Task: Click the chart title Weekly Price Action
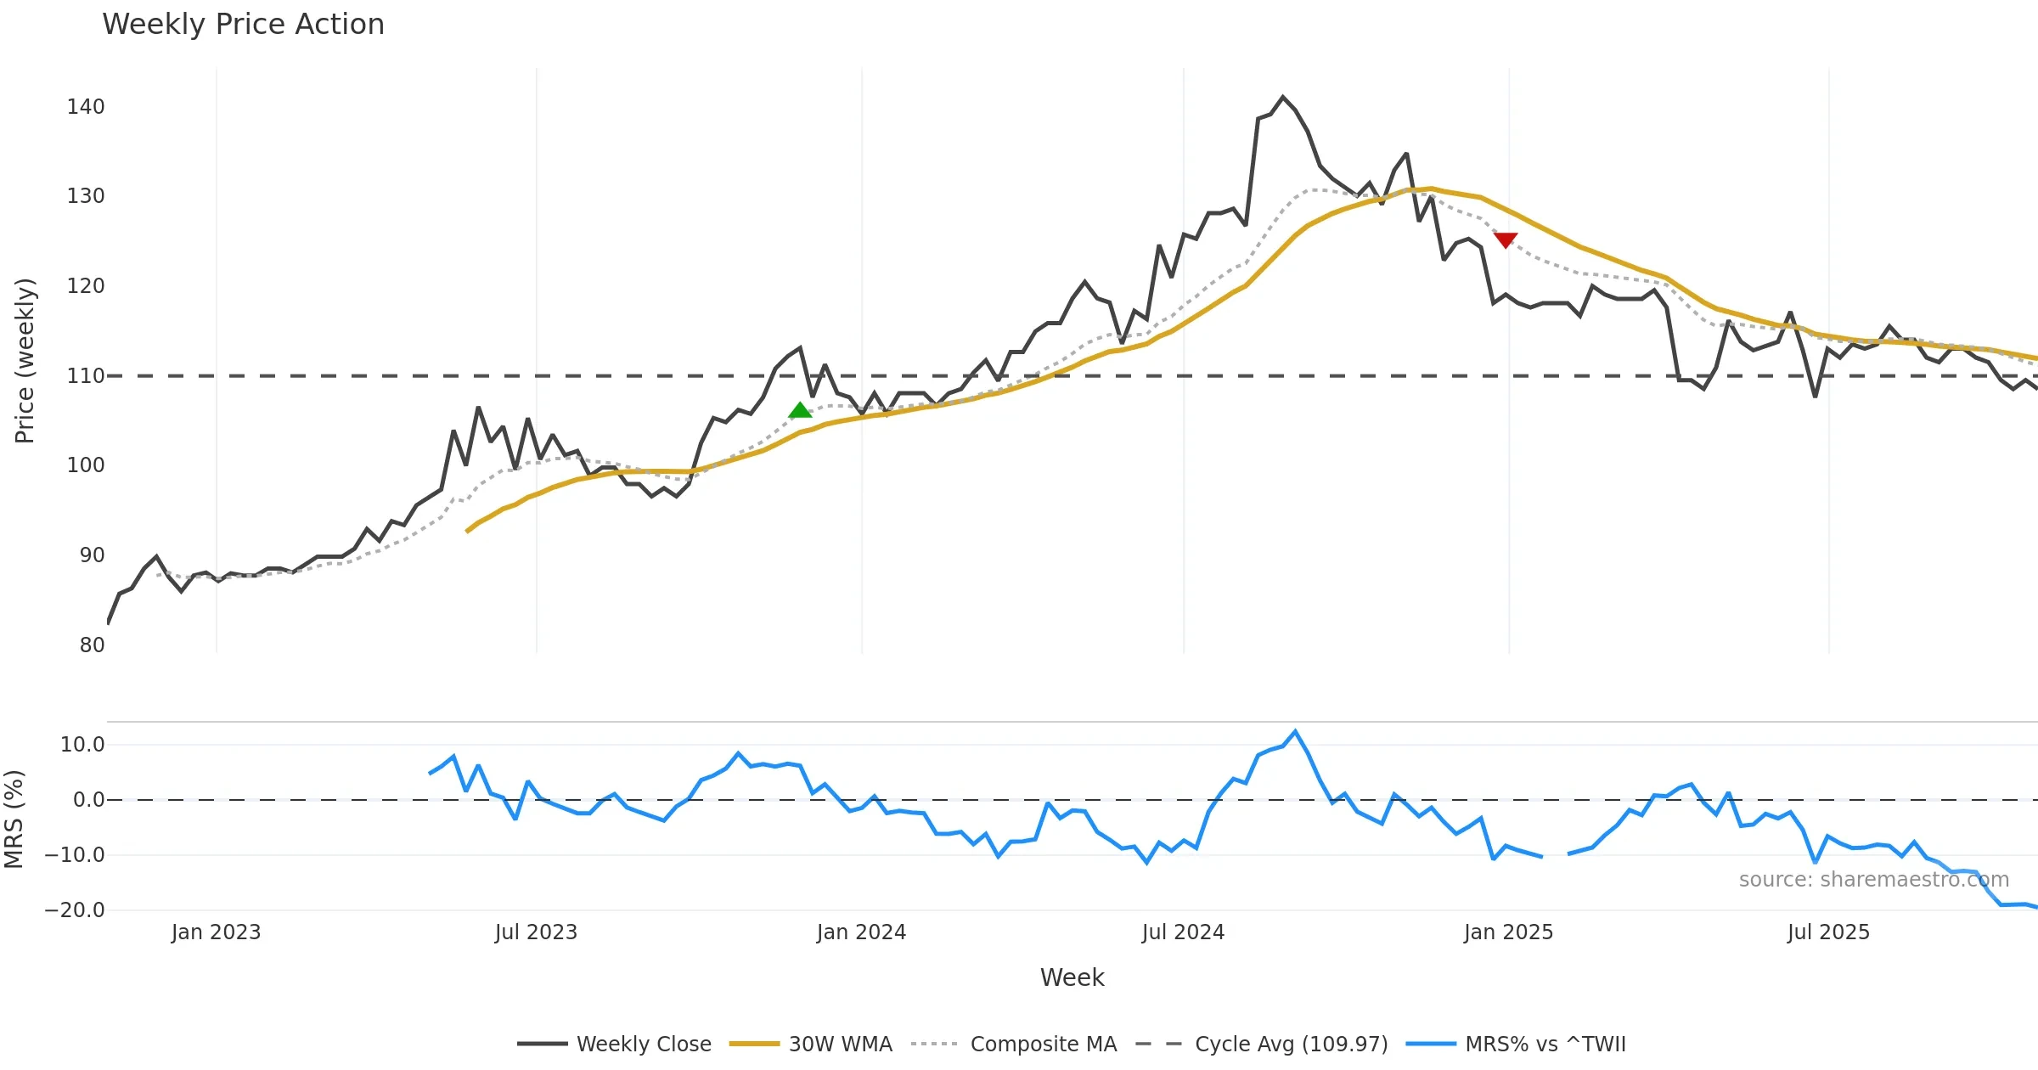click(x=243, y=25)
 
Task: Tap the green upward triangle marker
click(x=800, y=411)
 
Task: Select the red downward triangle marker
click(x=1506, y=240)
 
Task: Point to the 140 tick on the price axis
click(x=86, y=107)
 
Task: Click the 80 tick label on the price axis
click(x=92, y=645)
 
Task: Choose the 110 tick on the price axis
click(x=86, y=376)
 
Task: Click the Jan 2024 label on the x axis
click(x=861, y=932)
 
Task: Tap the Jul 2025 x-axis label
click(x=1828, y=932)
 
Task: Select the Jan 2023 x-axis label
click(x=216, y=932)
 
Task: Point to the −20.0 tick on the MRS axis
click(x=75, y=910)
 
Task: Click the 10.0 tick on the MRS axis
click(x=82, y=745)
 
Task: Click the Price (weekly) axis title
click(x=25, y=361)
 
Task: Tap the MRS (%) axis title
click(x=14, y=819)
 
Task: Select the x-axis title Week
click(x=1072, y=978)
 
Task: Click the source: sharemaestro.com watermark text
click(x=1873, y=880)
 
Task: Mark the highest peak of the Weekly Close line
click(x=1282, y=97)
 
